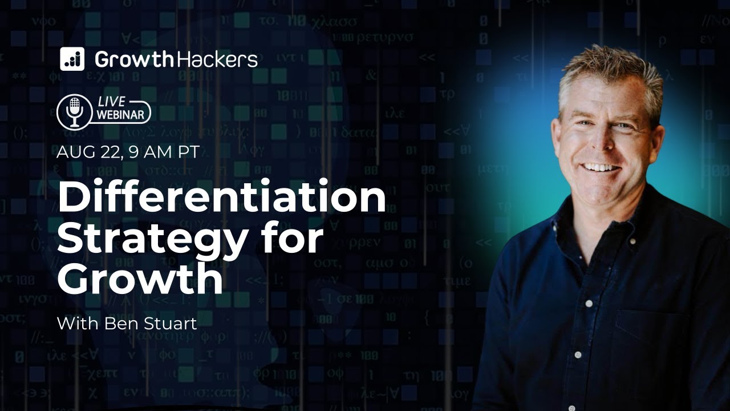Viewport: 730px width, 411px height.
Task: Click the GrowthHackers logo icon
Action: (72, 59)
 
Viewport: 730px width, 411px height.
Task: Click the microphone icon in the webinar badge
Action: (75, 112)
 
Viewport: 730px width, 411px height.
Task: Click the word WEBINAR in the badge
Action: (123, 116)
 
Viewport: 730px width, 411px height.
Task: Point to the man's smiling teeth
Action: (601, 168)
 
